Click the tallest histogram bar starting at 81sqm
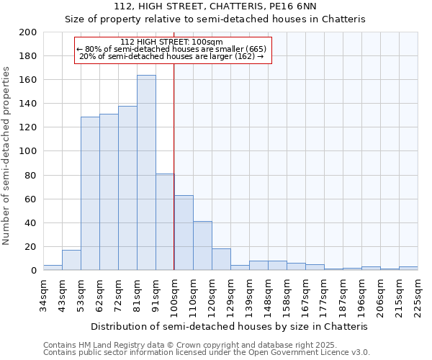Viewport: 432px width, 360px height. click(146, 173)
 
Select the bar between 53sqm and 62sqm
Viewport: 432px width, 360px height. click(90, 194)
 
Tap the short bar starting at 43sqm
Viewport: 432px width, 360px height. click(71, 260)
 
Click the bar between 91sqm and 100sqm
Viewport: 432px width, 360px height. click(165, 222)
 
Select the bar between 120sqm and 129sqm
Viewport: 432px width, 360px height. click(221, 259)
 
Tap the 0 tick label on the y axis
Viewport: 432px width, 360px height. click(33, 271)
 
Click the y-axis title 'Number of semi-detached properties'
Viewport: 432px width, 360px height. click(7, 156)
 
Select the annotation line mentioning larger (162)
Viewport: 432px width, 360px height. click(171, 56)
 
